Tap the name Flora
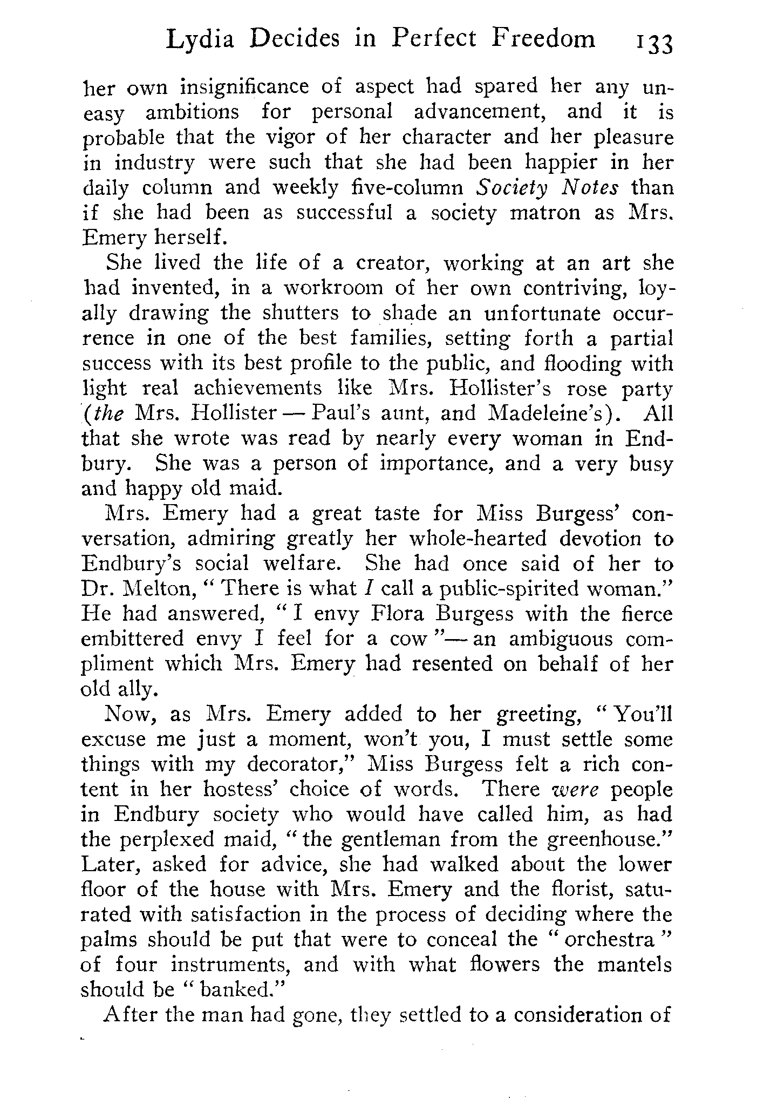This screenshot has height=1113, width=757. point(397,614)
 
